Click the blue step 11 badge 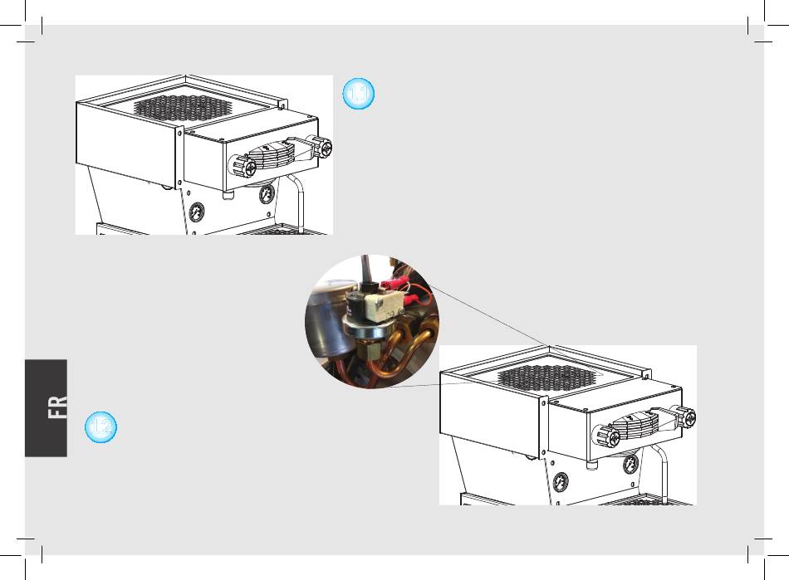click(359, 95)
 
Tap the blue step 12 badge click(101, 426)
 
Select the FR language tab click(57, 407)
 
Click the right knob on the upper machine click(321, 147)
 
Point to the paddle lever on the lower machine click(640, 425)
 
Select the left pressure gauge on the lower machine click(562, 480)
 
